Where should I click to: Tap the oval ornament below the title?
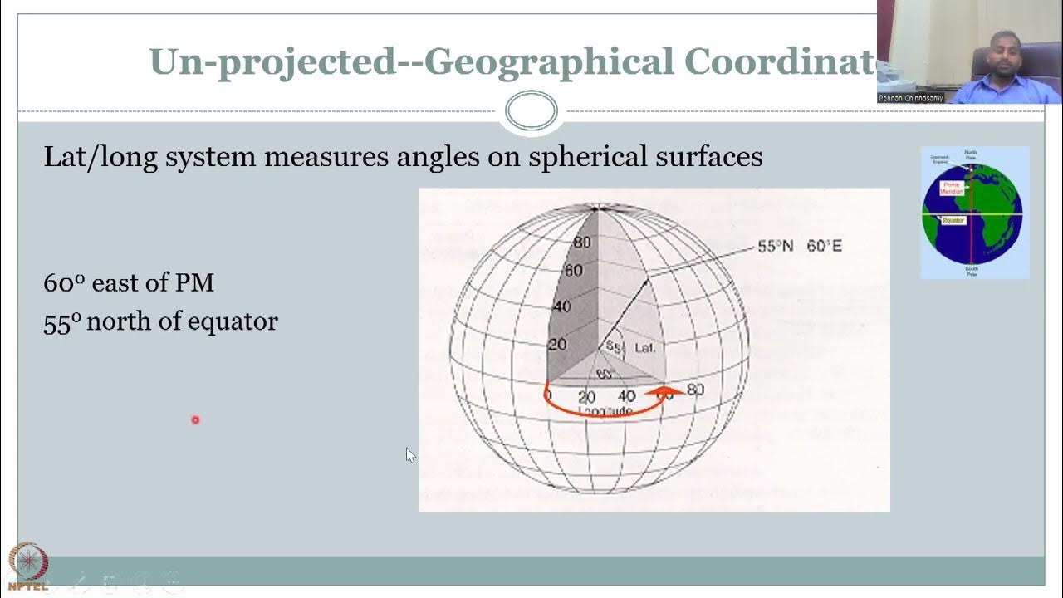(x=531, y=111)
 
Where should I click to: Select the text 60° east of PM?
(x=129, y=282)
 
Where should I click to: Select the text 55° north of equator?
(x=160, y=321)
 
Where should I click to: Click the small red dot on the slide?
(x=196, y=420)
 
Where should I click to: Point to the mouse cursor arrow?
(x=410, y=454)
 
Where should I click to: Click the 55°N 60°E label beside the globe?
(x=799, y=246)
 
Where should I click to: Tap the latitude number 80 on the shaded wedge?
(x=582, y=243)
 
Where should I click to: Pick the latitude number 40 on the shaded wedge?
(x=562, y=306)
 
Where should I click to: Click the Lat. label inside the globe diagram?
(x=645, y=348)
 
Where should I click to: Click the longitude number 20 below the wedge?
(x=587, y=397)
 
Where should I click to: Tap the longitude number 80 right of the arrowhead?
(x=695, y=390)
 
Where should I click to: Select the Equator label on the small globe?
(x=953, y=220)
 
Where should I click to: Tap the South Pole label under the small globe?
(x=972, y=271)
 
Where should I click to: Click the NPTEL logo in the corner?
(x=28, y=566)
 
